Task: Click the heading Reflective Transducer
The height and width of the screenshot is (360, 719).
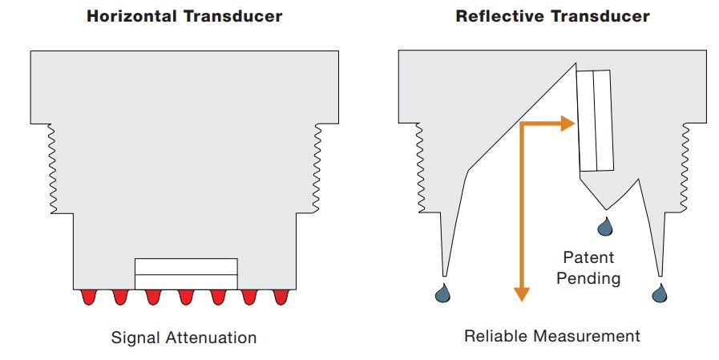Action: tap(552, 16)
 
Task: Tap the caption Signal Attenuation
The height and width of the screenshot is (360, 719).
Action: tap(184, 338)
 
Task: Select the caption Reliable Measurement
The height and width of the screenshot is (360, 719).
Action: tap(552, 335)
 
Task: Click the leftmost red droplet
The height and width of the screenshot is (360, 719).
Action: tap(88, 297)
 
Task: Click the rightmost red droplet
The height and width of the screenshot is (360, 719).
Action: tap(281, 297)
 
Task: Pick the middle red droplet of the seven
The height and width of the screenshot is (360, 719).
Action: tap(185, 297)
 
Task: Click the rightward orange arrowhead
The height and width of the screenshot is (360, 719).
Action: tap(569, 123)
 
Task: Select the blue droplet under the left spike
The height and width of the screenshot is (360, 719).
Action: tap(442, 293)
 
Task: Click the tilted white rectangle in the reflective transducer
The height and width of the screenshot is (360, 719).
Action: tap(596, 120)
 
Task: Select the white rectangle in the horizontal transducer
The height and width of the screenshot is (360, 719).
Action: tap(186, 273)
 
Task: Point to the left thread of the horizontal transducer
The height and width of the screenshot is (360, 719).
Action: tap(53, 168)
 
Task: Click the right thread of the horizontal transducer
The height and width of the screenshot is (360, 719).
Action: tap(317, 168)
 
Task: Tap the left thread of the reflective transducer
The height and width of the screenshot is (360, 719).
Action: tap(420, 168)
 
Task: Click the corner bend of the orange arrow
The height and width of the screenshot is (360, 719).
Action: tap(523, 124)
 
